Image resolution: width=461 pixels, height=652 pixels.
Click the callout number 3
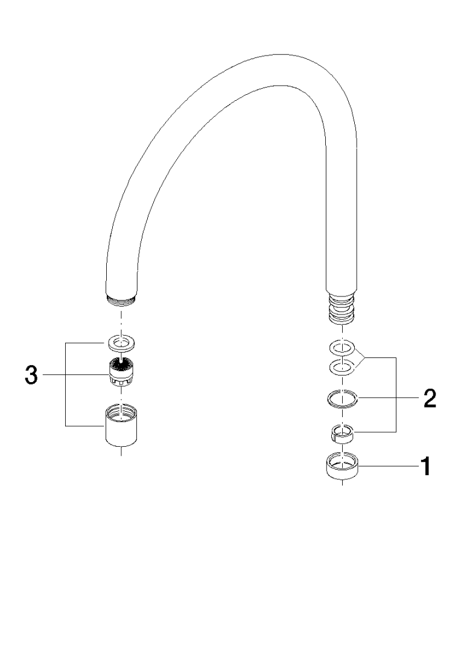pyautogui.click(x=31, y=375)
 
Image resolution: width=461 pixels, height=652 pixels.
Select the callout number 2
pyautogui.click(x=430, y=398)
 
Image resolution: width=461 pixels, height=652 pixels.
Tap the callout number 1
pyautogui.click(x=425, y=466)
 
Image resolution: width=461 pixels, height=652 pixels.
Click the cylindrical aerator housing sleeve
pyautogui.click(x=121, y=426)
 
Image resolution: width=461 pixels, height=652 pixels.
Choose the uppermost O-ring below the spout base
pyautogui.click(x=342, y=347)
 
